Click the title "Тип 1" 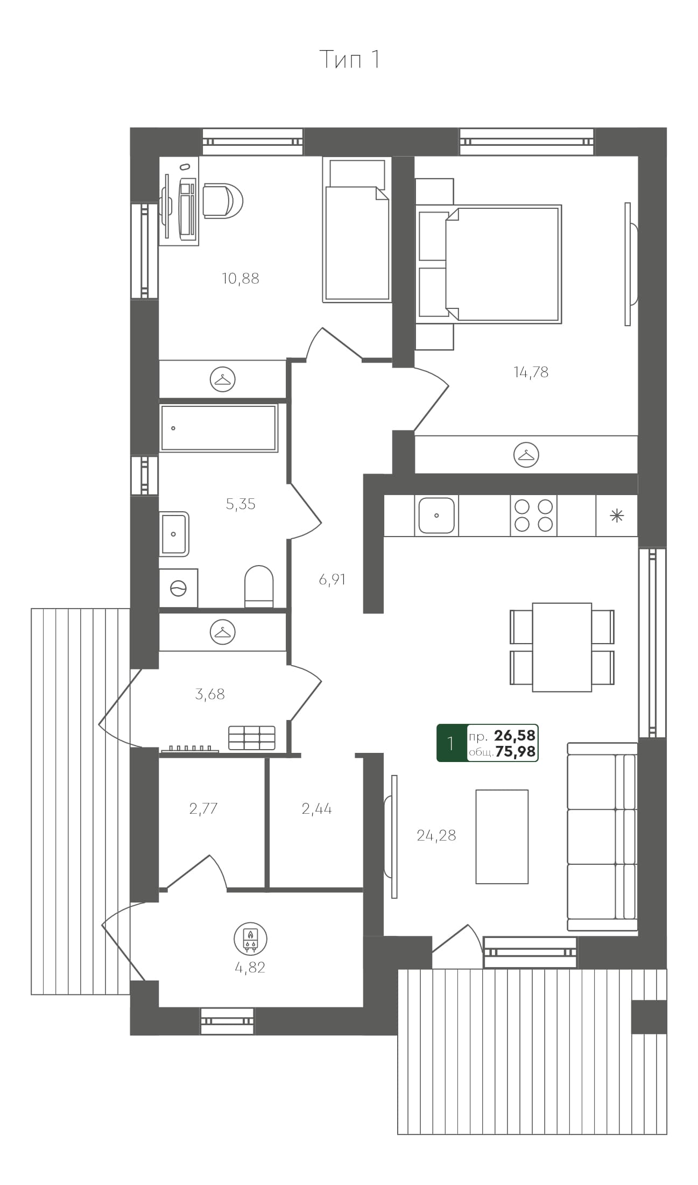coord(350,59)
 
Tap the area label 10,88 coord(241,279)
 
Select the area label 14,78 coord(531,372)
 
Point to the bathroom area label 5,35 coord(241,504)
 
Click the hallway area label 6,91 coord(332,580)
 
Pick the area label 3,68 coord(210,694)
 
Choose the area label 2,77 coord(203,808)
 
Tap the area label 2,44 coord(316,808)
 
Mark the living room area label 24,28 coord(436,835)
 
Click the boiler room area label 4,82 coord(250,968)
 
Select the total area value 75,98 coord(516,752)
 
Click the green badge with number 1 coord(450,743)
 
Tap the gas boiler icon coord(250,938)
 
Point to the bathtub coord(218,428)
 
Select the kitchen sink coord(436,516)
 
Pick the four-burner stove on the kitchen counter coord(533,516)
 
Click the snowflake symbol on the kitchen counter coord(617,516)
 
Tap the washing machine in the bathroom coord(178,588)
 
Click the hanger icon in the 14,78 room coord(526,455)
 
